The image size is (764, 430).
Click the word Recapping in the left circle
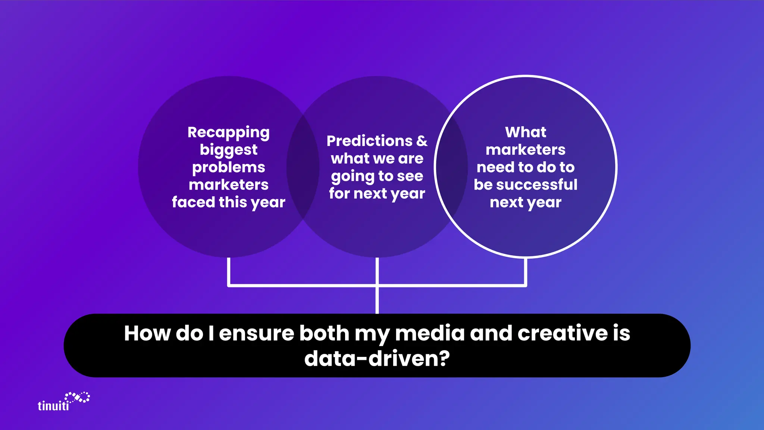[228, 133]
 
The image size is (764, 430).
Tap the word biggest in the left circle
[228, 150]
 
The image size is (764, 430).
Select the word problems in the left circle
[228, 168]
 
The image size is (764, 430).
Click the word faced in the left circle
[193, 202]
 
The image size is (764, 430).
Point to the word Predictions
[369, 141]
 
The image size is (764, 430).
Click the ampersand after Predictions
[422, 141]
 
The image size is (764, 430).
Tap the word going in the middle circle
[353, 176]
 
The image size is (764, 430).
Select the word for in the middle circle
[339, 193]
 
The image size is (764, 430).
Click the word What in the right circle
[525, 132]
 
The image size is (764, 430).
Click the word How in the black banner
[147, 333]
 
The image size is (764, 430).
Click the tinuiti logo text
[53, 406]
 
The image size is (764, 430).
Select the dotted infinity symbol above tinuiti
[78, 397]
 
